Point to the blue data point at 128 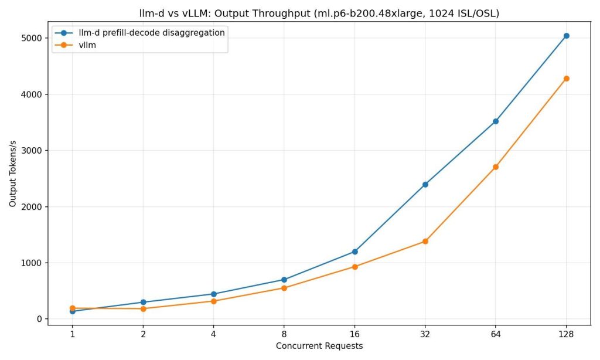(566, 36)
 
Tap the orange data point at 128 (566, 79)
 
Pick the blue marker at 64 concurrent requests (496, 121)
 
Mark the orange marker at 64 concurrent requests (496, 167)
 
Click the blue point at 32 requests (425, 185)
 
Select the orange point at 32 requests (425, 241)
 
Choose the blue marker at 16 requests (355, 252)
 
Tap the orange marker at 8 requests (284, 288)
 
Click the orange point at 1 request (73, 308)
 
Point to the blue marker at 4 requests (213, 294)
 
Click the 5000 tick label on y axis (32, 38)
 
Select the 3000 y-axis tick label (32, 151)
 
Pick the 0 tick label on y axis (39, 319)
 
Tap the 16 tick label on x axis (355, 334)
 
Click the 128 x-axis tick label (566, 334)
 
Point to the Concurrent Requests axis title (319, 346)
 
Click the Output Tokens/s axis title (13, 176)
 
